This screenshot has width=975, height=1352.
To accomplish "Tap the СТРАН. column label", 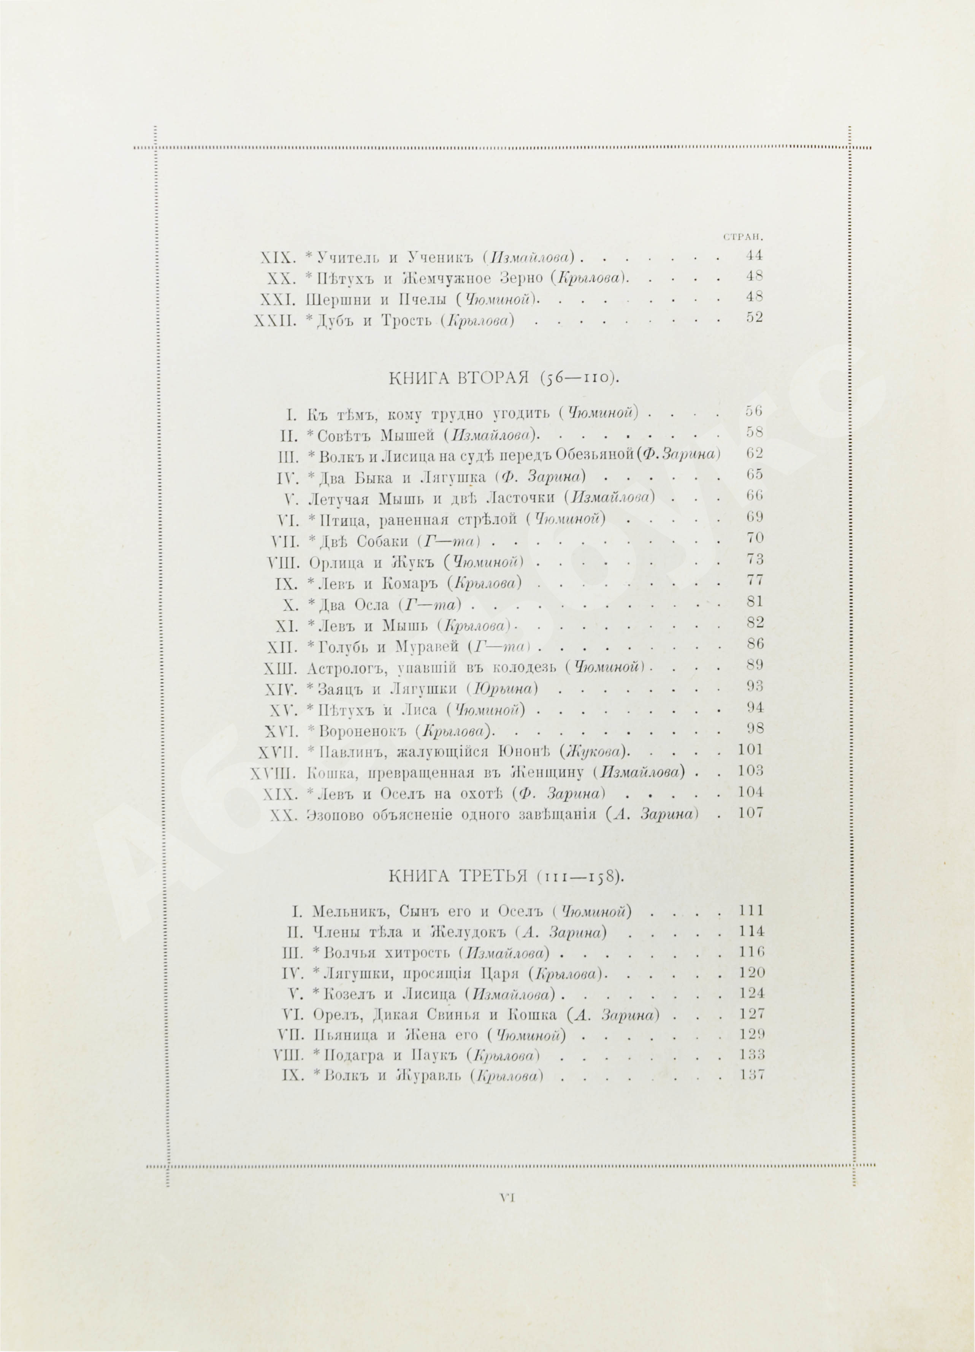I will [743, 237].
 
